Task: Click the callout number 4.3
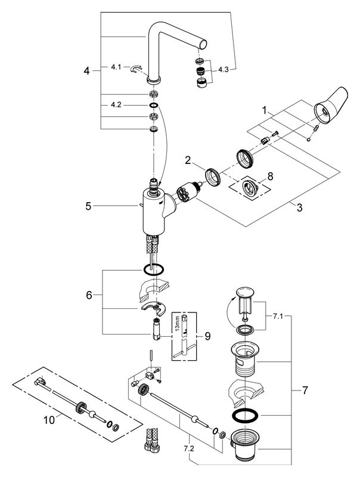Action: [x=223, y=70]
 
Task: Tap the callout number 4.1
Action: [x=116, y=67]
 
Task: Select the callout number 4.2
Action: [x=116, y=105]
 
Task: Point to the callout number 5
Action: [x=88, y=206]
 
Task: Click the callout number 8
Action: [x=270, y=176]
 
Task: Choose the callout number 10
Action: [x=49, y=420]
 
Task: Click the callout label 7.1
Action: [x=278, y=317]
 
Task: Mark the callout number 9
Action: [x=207, y=336]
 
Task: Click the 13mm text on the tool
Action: [x=178, y=325]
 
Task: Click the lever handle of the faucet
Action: [x=331, y=106]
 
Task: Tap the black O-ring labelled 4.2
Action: [x=154, y=106]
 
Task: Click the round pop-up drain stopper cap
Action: [x=245, y=292]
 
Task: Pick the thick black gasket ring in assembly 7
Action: [x=245, y=415]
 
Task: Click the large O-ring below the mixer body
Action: [x=154, y=270]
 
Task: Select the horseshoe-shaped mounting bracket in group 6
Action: [x=153, y=308]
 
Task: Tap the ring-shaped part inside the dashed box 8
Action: [x=250, y=188]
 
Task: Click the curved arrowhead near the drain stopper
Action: [x=234, y=300]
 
